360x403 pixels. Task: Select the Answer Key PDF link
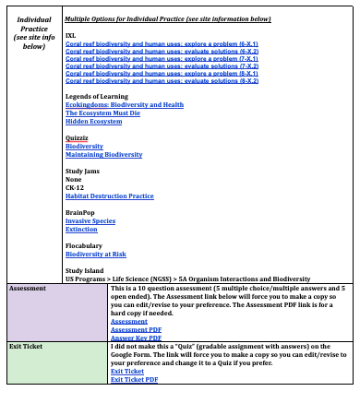136,338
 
